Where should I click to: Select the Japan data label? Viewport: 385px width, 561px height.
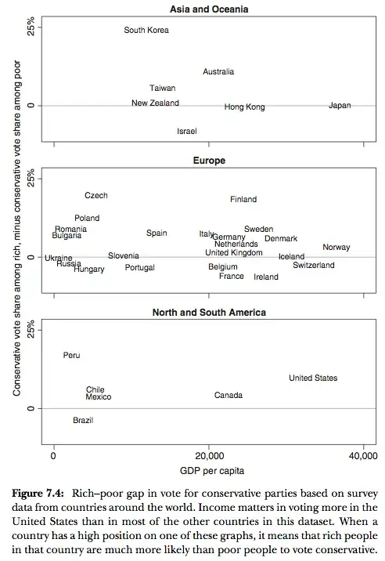tap(340, 106)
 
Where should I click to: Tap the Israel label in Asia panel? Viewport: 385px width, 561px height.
tap(187, 131)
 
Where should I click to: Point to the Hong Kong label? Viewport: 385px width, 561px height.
tap(244, 107)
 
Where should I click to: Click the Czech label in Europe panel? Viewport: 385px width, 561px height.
tap(96, 196)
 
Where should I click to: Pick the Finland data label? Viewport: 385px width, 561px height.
tap(243, 200)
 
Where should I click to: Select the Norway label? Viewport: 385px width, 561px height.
tap(336, 248)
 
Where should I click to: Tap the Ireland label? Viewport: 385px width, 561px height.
tap(266, 277)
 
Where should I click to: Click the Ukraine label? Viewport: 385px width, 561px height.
tap(59, 258)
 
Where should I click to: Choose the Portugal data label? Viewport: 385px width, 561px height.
tap(140, 268)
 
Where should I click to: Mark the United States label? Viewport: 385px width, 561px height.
tap(313, 378)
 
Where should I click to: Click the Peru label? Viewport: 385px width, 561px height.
tap(71, 356)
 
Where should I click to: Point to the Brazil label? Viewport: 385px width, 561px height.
tap(83, 421)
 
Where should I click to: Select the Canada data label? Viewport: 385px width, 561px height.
tap(228, 396)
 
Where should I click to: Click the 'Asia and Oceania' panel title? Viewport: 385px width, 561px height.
tap(209, 9)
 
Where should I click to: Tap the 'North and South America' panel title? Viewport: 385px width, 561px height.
tap(209, 313)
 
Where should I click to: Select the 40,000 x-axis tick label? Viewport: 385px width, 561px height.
tap(362, 456)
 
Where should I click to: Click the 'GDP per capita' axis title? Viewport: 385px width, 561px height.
tap(209, 472)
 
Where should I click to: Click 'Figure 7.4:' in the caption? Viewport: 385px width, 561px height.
tap(39, 495)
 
